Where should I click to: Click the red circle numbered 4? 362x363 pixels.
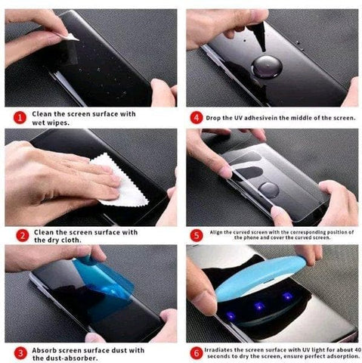196,117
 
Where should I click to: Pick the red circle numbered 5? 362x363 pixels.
196,235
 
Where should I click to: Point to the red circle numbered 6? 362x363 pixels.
196,352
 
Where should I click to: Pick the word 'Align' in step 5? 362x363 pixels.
218,231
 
